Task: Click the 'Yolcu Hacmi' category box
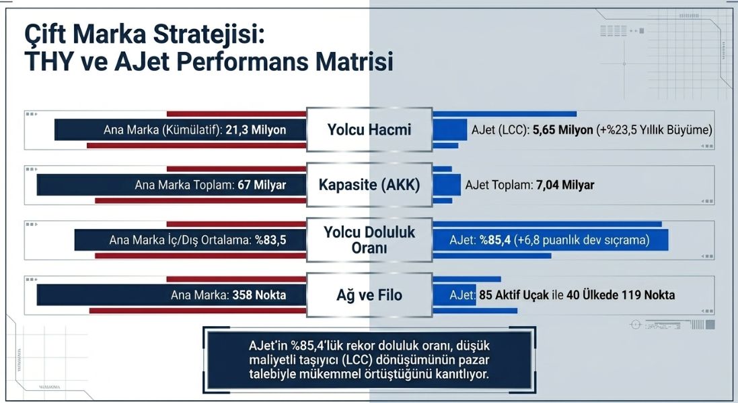tap(369, 129)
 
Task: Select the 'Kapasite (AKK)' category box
tap(369, 185)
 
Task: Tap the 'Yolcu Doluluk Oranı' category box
tap(369, 240)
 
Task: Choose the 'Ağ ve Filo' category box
tap(369, 294)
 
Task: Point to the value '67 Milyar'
tap(262, 185)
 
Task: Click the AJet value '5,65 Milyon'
tap(562, 130)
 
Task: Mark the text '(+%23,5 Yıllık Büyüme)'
tap(654, 130)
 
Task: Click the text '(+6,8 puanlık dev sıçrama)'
tap(581, 239)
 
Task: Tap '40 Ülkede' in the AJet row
tap(585, 294)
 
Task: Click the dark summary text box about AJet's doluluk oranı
tap(369, 359)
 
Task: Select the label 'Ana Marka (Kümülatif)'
tap(162, 130)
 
